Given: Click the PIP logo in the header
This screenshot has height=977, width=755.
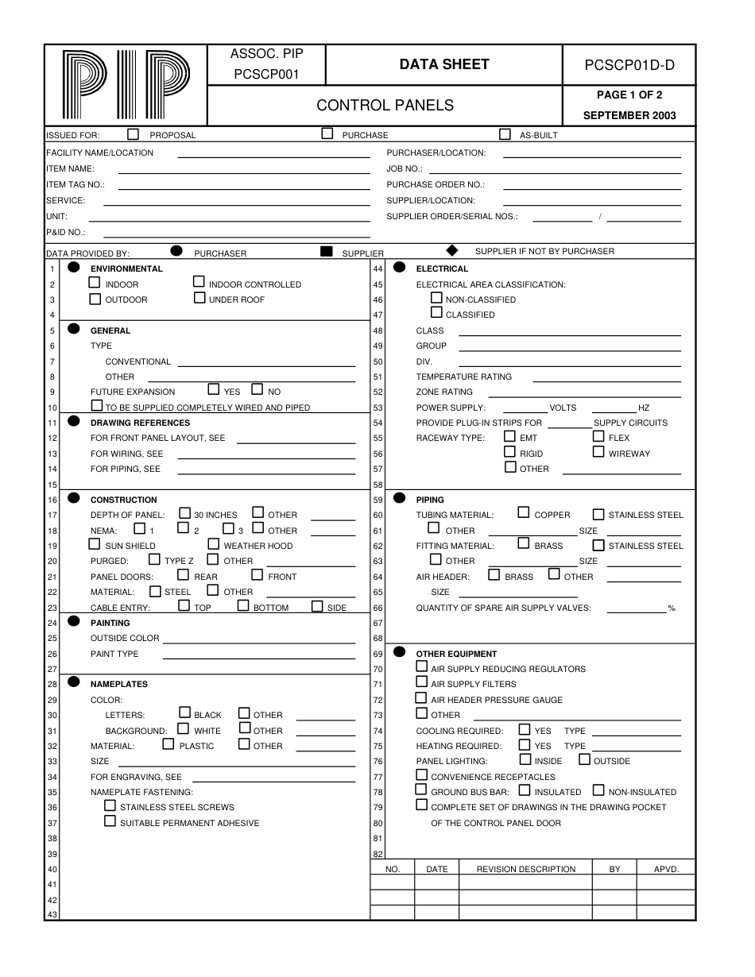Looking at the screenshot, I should pyautogui.click(x=126, y=85).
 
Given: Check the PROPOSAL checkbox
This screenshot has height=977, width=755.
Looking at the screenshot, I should pyautogui.click(x=133, y=134).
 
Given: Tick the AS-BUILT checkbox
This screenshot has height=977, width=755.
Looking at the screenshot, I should pyautogui.click(x=505, y=134).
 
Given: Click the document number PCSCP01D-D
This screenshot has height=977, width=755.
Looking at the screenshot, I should pyautogui.click(x=629, y=65).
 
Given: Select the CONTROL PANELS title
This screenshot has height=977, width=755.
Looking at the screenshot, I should pyautogui.click(x=385, y=106).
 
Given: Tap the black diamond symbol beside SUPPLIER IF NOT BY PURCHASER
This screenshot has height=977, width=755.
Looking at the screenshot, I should pyautogui.click(x=452, y=251).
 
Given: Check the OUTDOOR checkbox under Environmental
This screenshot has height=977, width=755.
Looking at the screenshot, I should pyautogui.click(x=95, y=299).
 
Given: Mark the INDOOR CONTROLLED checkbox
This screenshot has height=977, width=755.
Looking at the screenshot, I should pyautogui.click(x=199, y=282).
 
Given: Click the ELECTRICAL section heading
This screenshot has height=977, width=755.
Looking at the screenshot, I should pyautogui.click(x=442, y=268).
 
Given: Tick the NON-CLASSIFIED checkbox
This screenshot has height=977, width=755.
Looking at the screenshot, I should pyautogui.click(x=436, y=298).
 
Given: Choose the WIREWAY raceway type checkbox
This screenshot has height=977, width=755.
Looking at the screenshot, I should pyautogui.click(x=598, y=452).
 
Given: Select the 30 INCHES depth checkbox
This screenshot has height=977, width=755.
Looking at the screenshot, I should pyautogui.click(x=184, y=513).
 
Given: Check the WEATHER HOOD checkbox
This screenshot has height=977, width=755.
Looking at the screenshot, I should pyautogui.click(x=214, y=544).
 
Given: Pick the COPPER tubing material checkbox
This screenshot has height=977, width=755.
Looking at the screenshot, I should pyautogui.click(x=524, y=513).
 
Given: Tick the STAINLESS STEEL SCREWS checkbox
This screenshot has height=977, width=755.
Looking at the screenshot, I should pyautogui.click(x=110, y=805).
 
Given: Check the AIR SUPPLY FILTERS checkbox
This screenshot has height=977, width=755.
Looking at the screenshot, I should pyautogui.click(x=421, y=682).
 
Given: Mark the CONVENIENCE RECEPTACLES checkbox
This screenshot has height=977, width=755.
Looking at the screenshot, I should pyautogui.click(x=421, y=775).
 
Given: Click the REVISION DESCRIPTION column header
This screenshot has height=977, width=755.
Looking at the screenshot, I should pyautogui.click(x=525, y=869).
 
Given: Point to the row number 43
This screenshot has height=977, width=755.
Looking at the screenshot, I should pyautogui.click(x=52, y=915).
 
